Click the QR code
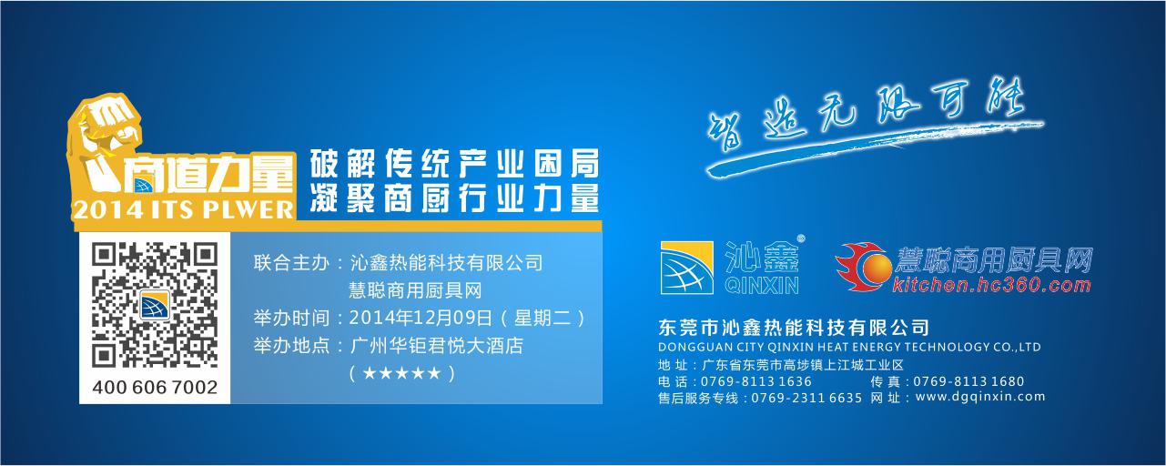click(x=155, y=303)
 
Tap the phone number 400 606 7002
click(x=155, y=388)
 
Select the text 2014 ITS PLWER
click(x=183, y=209)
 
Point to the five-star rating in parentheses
click(x=401, y=373)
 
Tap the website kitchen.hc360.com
click(x=991, y=286)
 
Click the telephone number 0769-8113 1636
click(x=755, y=380)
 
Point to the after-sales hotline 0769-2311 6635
click(x=806, y=398)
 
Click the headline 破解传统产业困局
click(x=454, y=164)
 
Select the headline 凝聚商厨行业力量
click(x=454, y=197)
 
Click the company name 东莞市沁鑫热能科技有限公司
click(x=793, y=328)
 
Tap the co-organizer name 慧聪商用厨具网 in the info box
click(x=414, y=291)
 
